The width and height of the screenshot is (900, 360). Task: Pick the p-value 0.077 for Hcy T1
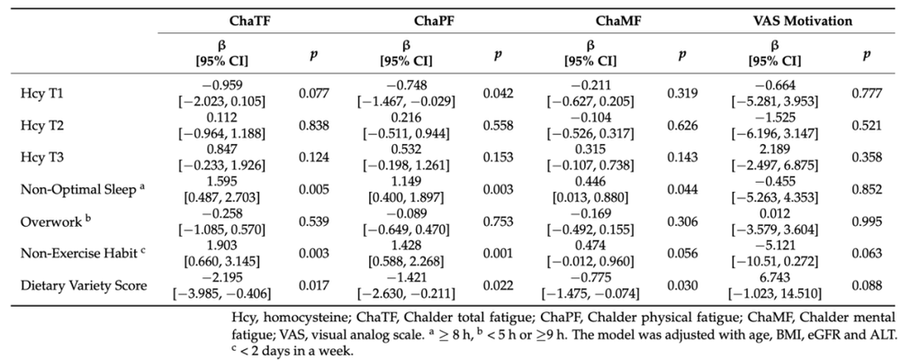(314, 94)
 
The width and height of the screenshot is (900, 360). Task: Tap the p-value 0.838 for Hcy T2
(314, 125)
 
